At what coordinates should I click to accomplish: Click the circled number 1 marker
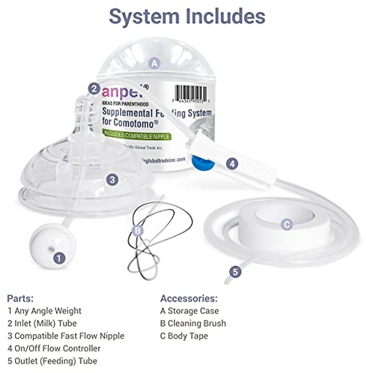[59, 258]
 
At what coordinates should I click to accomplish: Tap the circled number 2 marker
[94, 89]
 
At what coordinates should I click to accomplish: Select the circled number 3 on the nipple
[112, 179]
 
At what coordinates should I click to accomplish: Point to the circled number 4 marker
[232, 163]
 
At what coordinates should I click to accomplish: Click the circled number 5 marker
[235, 272]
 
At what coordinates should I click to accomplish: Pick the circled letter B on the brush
[137, 231]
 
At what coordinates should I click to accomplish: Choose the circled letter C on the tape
[287, 224]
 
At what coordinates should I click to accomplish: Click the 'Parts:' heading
[20, 298]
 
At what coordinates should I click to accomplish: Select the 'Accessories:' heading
[189, 298]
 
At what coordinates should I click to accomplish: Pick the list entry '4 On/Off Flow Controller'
[54, 348]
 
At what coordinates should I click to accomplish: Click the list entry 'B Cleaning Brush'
[193, 323]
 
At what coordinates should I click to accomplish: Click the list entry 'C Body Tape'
[184, 336]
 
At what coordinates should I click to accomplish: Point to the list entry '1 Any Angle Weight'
[44, 311]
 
